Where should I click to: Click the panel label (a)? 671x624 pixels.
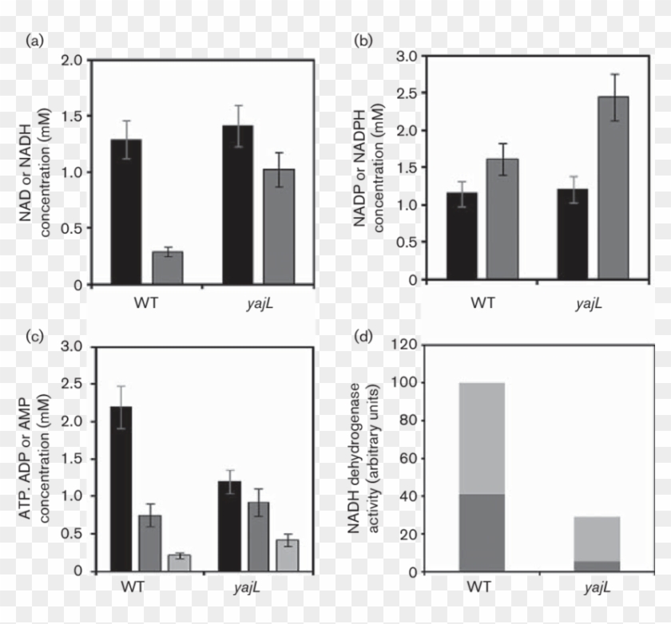pyautogui.click(x=34, y=41)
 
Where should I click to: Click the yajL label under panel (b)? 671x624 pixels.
pyautogui.click(x=589, y=303)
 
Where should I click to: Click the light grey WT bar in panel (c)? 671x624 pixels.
pyautogui.click(x=179, y=563)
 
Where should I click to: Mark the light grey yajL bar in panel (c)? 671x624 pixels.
pyautogui.click(x=286, y=555)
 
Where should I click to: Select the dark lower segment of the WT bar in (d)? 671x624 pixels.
pyautogui.click(x=482, y=532)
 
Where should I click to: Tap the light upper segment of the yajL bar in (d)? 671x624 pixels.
pyautogui.click(x=596, y=539)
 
